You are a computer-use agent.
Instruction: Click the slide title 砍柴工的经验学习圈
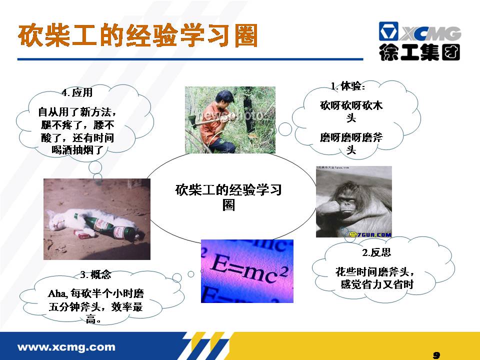tap(138, 35)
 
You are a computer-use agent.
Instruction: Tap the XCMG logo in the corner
tap(419, 40)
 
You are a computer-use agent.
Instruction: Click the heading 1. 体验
tap(348, 86)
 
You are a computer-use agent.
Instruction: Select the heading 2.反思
tap(376, 252)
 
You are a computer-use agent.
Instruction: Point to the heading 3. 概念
tap(95, 274)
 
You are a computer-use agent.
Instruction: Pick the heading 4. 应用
tap(77, 92)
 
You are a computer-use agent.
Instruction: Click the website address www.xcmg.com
tap(66, 347)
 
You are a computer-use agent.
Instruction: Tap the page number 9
tap(436, 355)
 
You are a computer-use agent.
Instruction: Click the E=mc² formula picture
tap(247, 271)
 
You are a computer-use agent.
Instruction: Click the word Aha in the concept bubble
tap(56, 294)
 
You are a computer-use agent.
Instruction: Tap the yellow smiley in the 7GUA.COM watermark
tap(353, 234)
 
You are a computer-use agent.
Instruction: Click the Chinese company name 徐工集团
tap(419, 52)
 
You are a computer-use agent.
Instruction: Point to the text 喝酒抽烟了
tap(77, 150)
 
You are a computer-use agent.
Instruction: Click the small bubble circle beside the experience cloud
tap(285, 129)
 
